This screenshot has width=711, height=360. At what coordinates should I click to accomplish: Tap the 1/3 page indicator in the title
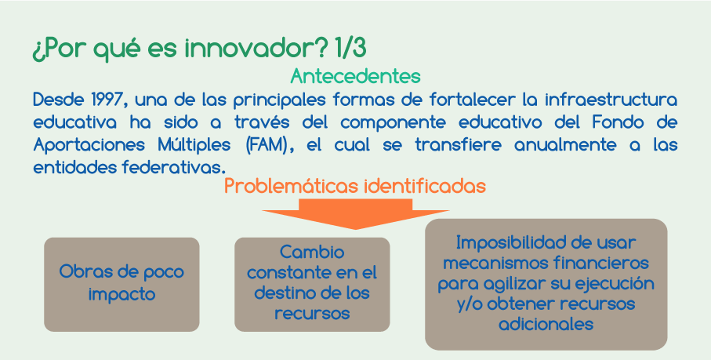click(x=350, y=48)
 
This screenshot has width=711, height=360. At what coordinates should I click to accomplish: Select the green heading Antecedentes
click(x=356, y=76)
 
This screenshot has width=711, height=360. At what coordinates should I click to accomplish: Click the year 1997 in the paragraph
click(x=107, y=100)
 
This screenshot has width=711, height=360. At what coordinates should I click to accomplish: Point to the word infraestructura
click(x=611, y=100)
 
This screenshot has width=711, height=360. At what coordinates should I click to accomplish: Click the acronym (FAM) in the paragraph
click(x=267, y=145)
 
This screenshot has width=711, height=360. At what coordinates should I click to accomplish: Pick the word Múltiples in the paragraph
click(x=194, y=145)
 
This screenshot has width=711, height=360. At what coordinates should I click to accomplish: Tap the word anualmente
click(x=565, y=145)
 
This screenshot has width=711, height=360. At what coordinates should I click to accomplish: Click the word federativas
click(x=174, y=168)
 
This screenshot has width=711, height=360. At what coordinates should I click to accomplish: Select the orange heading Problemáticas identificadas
click(x=355, y=186)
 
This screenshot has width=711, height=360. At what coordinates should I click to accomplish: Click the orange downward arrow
click(x=356, y=214)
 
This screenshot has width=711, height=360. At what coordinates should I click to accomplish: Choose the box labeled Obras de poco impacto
click(x=122, y=284)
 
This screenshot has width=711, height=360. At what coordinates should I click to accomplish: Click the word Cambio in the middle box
click(x=312, y=252)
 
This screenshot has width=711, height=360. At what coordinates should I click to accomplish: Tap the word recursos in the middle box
click(x=312, y=313)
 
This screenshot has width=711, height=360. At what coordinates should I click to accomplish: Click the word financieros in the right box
click(x=600, y=263)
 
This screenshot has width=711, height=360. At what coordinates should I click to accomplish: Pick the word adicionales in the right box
click(x=546, y=324)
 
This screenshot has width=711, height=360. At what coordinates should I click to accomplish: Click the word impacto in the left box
click(x=122, y=295)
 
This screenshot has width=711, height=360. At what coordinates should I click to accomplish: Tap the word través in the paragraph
click(x=261, y=122)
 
